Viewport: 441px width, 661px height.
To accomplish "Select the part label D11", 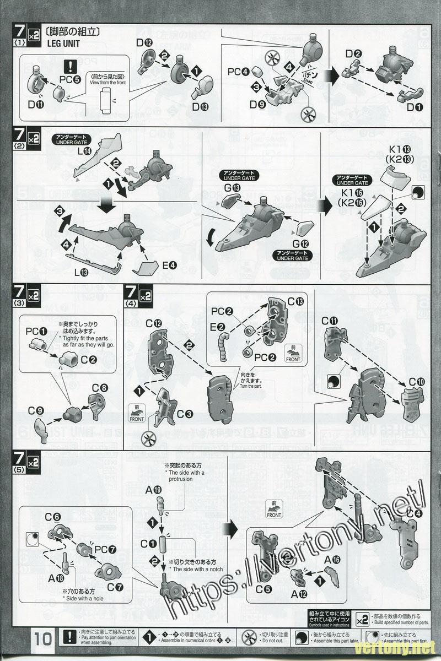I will [36, 104].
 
